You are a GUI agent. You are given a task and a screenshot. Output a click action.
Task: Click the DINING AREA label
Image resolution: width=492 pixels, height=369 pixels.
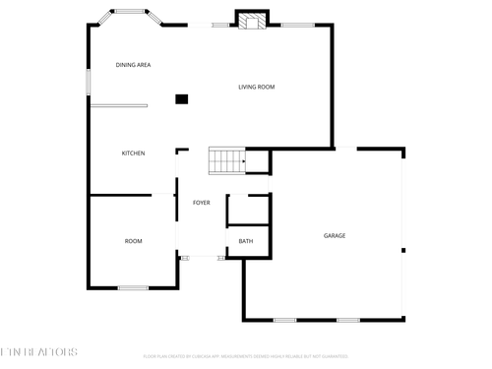(x=133, y=65)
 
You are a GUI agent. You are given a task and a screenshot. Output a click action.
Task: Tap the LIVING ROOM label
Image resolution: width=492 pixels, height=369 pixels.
(x=256, y=88)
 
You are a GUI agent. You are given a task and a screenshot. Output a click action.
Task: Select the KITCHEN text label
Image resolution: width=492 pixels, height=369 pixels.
(x=133, y=154)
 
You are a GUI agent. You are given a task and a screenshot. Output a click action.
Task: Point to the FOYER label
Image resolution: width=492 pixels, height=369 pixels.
(x=201, y=203)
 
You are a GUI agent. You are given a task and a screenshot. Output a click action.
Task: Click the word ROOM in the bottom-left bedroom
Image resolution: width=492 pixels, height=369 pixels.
(x=133, y=241)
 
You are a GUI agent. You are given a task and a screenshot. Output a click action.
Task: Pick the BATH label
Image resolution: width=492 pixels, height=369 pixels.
(x=246, y=241)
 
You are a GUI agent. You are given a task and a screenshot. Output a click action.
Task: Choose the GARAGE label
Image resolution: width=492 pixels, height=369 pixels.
(x=335, y=235)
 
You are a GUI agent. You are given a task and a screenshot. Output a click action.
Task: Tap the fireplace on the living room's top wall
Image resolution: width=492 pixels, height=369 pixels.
(x=252, y=20)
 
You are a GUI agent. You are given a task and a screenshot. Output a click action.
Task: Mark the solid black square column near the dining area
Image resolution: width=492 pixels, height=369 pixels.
(x=181, y=98)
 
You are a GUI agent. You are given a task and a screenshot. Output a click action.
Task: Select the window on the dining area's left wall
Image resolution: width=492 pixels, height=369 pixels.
(x=89, y=82)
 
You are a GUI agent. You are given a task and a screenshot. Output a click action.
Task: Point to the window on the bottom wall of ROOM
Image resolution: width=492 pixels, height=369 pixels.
(x=133, y=287)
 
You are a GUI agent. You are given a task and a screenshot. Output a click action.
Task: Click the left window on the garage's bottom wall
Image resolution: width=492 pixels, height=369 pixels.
(x=285, y=320)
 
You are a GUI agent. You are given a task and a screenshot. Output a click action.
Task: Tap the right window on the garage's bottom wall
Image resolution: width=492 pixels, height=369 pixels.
(x=347, y=320)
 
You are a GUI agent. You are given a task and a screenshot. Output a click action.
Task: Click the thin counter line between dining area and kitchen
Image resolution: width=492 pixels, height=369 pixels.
(x=119, y=105)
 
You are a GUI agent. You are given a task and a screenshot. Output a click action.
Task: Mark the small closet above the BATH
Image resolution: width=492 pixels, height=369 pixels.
(x=248, y=210)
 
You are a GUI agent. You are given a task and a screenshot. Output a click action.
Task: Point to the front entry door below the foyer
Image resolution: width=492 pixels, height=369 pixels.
(x=201, y=257)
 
